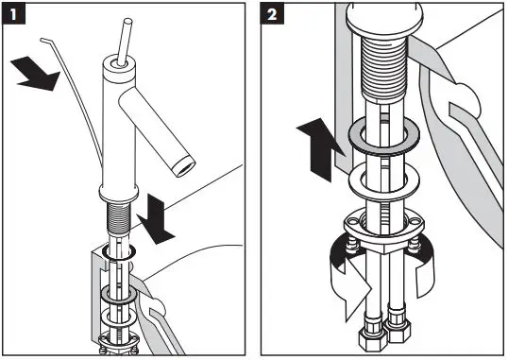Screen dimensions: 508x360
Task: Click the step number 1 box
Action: coord(13,13)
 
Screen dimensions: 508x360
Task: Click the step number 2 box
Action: coord(272,13)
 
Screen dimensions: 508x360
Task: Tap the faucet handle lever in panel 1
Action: coord(125,42)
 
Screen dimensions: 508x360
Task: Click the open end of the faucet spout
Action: coord(184,165)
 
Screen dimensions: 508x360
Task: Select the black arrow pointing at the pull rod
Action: coord(36,74)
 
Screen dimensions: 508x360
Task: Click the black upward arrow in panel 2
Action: coord(321,149)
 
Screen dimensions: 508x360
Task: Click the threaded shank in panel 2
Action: coord(384,67)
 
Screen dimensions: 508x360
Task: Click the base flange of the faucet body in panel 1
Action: coord(119,194)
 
